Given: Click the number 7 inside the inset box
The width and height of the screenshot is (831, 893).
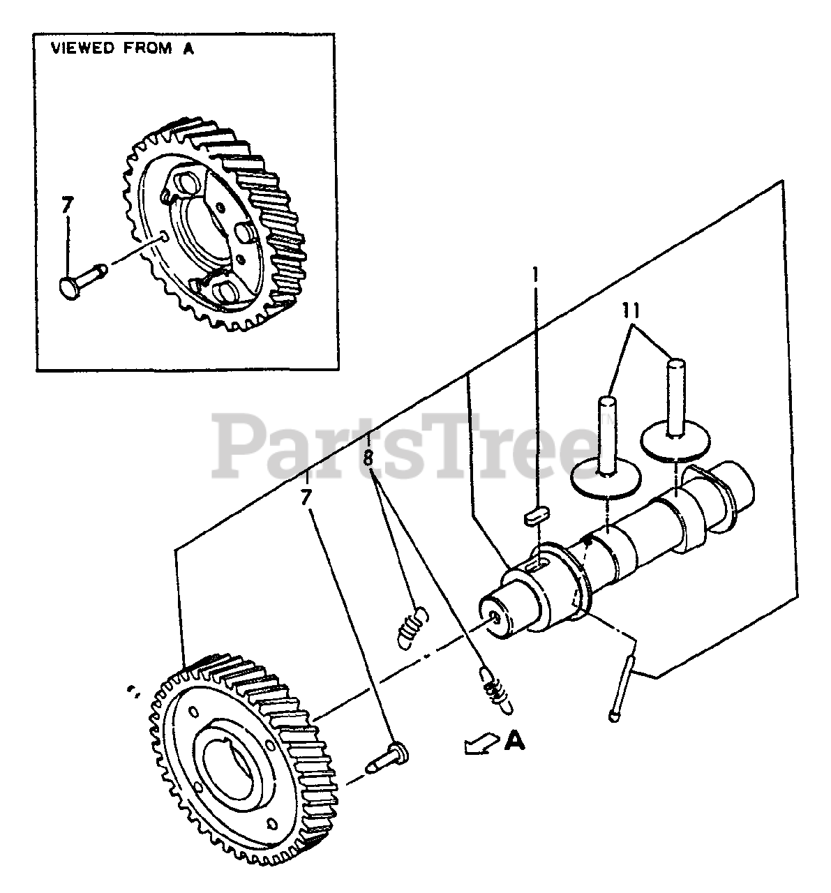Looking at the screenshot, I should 66,207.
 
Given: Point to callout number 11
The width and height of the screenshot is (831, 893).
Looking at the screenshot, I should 631,310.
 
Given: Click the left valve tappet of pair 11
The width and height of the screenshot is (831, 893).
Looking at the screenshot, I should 606,453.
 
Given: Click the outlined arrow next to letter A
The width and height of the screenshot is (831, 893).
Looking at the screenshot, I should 479,744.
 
